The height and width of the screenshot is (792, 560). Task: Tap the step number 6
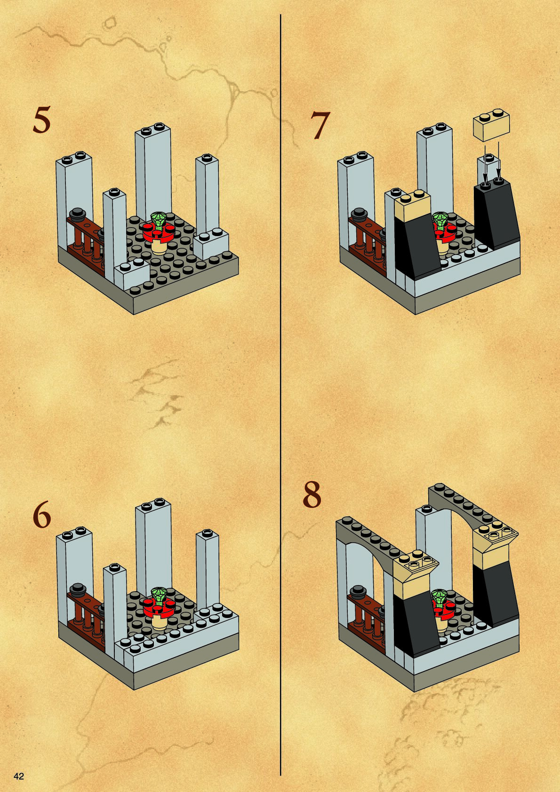point(42,516)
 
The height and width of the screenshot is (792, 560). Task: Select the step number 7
point(320,126)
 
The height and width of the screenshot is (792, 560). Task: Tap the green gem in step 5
point(160,219)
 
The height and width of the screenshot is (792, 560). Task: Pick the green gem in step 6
point(160,596)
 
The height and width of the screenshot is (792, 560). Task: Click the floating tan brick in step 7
point(491,125)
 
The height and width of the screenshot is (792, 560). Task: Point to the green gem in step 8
point(440,597)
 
